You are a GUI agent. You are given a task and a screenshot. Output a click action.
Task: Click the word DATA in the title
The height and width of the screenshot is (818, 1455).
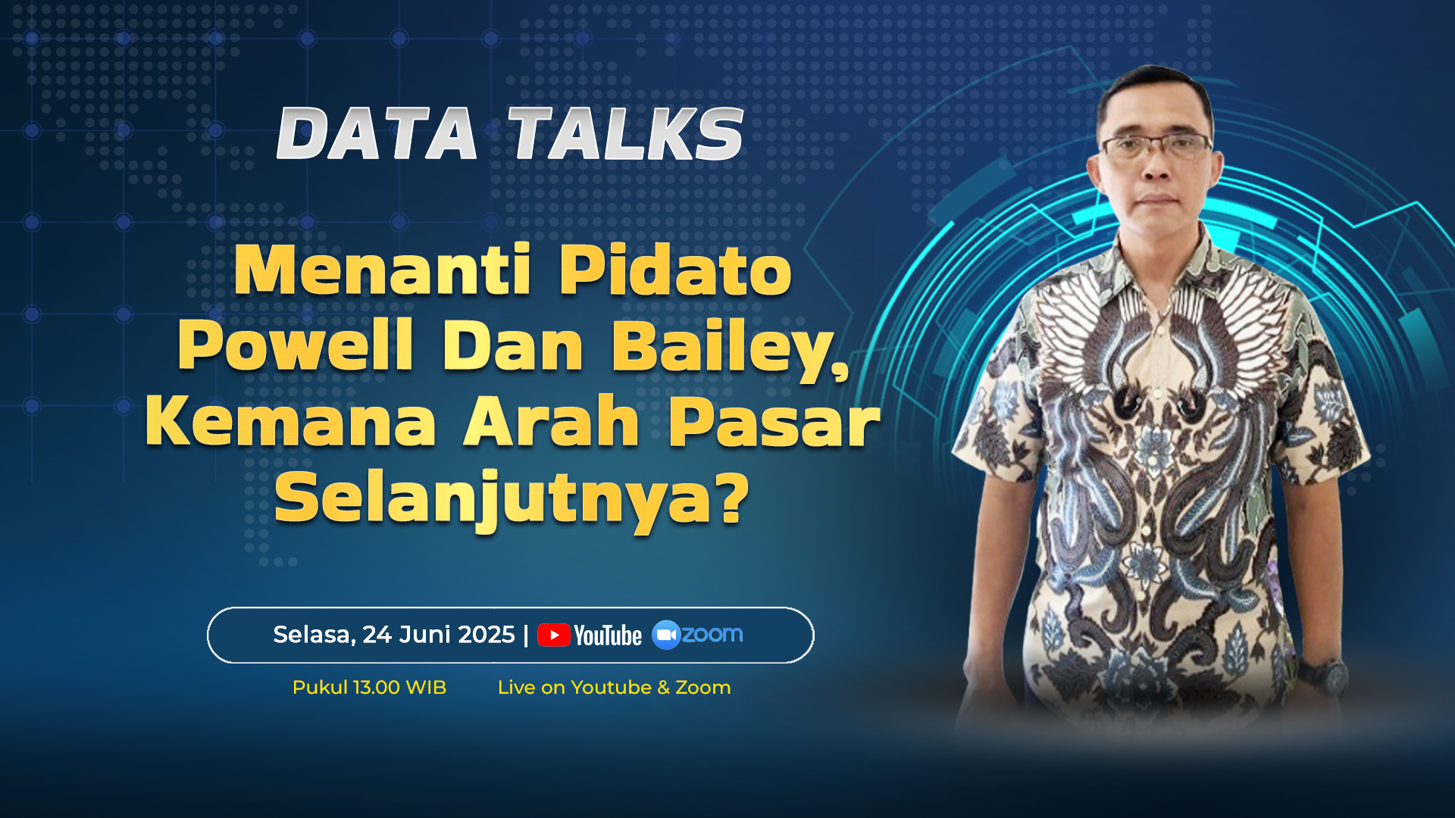pyautogui.click(x=377, y=133)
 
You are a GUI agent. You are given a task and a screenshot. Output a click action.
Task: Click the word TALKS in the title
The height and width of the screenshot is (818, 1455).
pyautogui.click(x=625, y=133)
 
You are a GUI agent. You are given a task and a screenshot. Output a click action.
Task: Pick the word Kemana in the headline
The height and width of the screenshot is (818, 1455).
pyautogui.click(x=290, y=421)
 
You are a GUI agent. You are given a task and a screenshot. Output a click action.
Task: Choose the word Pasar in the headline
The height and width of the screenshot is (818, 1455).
pyautogui.click(x=774, y=421)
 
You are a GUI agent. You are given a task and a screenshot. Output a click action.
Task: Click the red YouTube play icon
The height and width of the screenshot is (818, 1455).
pyautogui.click(x=554, y=635)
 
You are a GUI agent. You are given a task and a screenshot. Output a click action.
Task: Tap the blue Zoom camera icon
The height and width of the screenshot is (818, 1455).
pyautogui.click(x=667, y=635)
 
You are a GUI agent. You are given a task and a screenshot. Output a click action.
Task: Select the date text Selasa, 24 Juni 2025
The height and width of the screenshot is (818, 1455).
pyautogui.click(x=394, y=635)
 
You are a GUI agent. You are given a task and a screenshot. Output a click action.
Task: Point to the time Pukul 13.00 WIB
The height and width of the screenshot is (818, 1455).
pyautogui.click(x=369, y=688)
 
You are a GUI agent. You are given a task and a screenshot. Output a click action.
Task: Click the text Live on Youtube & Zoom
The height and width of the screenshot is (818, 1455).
pyautogui.click(x=614, y=688)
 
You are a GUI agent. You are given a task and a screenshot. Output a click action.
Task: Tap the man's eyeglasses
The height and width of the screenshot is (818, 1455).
pyautogui.click(x=1156, y=145)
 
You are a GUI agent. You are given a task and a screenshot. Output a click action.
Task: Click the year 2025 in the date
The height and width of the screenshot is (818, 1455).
pyautogui.click(x=480, y=635)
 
